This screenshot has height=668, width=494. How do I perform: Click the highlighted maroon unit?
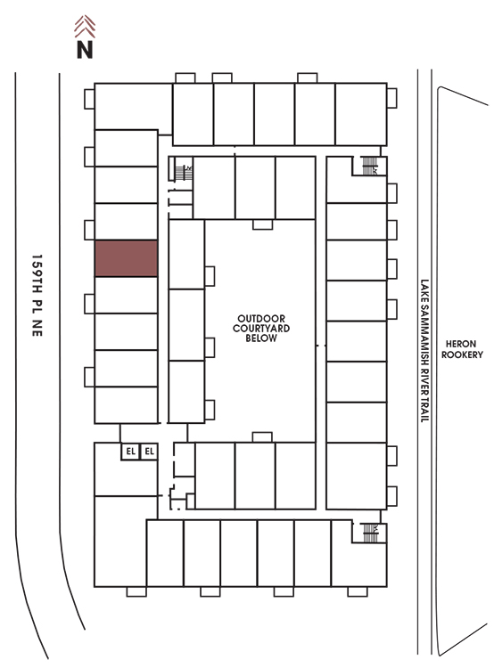tap(127, 258)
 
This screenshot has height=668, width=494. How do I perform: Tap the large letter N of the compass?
tap(85, 49)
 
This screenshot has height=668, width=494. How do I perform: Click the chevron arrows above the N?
tap(85, 26)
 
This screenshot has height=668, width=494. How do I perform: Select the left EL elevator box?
tap(130, 452)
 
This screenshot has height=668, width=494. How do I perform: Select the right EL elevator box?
tap(149, 452)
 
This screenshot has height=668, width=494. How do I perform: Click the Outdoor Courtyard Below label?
tap(261, 328)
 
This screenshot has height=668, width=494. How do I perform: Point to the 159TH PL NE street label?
tap(37, 296)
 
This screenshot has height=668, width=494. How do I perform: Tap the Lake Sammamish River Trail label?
tap(424, 351)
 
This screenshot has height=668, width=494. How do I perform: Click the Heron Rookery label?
tap(462, 349)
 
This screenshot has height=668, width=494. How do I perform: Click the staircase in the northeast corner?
tap(369, 166)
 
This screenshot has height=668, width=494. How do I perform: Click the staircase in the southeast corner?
tap(370, 533)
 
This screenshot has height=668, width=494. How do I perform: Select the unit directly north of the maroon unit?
tap(127, 222)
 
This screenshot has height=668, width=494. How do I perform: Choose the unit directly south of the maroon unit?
tap(127, 295)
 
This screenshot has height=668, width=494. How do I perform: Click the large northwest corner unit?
tap(133, 106)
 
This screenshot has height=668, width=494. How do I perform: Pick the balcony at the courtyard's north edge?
tap(262, 224)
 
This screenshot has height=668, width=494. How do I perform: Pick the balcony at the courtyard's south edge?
tap(262, 437)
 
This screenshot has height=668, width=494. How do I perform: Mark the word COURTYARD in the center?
tap(261, 328)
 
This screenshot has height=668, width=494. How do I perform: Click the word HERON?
tap(461, 344)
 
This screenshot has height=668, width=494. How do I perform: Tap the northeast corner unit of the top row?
tap(361, 114)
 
